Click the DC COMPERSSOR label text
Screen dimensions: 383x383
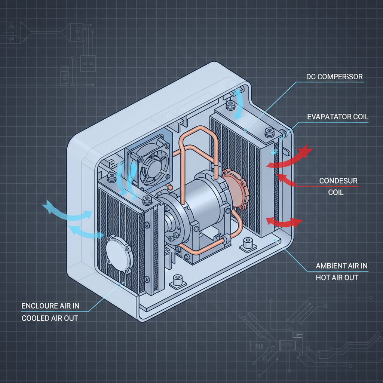[x=334, y=77]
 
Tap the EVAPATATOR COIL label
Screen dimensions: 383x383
[x=338, y=117]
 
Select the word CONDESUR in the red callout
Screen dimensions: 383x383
[x=338, y=181]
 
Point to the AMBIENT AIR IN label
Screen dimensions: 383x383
[x=341, y=266]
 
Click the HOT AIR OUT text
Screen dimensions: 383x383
[x=337, y=278]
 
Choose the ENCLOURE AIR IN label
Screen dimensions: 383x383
[x=50, y=306]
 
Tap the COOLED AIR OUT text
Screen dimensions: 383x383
[x=50, y=318]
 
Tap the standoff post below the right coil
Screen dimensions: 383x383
[x=248, y=244]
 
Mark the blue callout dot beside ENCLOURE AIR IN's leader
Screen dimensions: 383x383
[x=119, y=285]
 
